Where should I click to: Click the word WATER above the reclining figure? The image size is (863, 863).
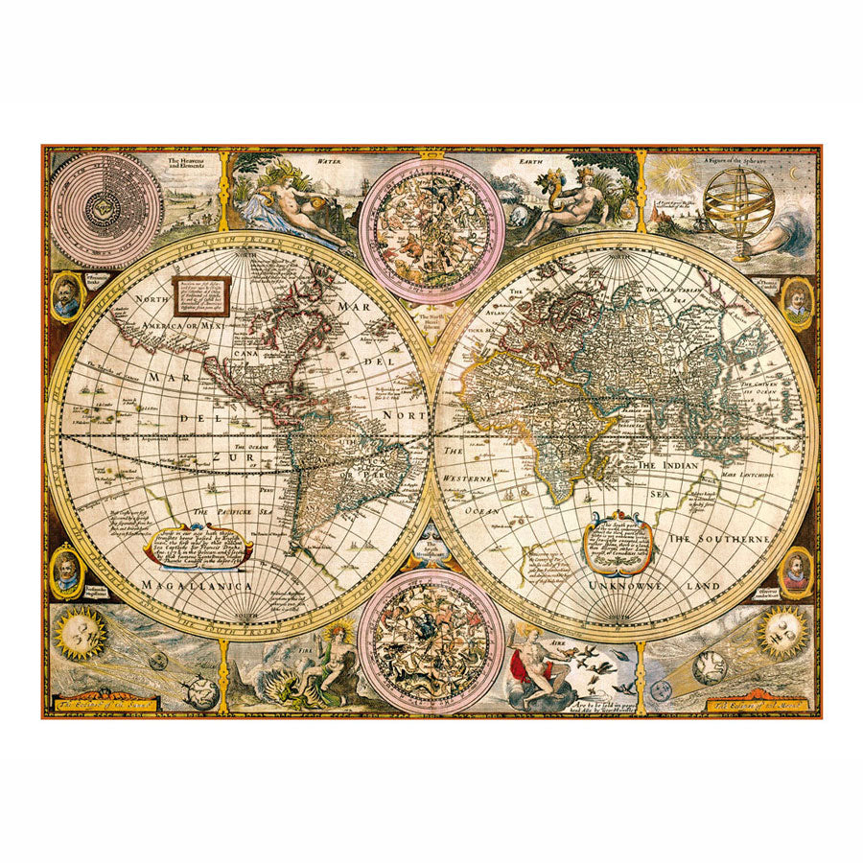pos(330,162)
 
